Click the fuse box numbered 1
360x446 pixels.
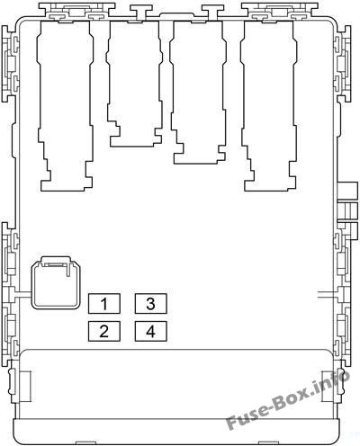coord(104,304)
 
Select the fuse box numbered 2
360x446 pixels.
coord(104,331)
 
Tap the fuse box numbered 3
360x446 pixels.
coord(150,304)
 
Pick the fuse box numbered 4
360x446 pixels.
coord(150,331)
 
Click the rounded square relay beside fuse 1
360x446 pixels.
coord(56,282)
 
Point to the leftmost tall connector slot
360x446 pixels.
coord(65,105)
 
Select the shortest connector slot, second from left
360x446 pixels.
coord(134,84)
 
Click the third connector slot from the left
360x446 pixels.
coord(198,93)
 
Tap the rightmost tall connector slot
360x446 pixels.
coord(269,105)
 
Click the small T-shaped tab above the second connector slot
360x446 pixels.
coord(138,12)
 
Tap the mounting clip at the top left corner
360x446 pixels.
coord(76,12)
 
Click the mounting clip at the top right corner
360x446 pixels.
coord(280,12)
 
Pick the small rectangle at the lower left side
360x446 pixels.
coord(25,386)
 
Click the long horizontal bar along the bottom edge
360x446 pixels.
coord(177,431)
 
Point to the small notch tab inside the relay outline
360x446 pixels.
coord(68,269)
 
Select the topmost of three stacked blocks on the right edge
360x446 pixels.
coord(348,191)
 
